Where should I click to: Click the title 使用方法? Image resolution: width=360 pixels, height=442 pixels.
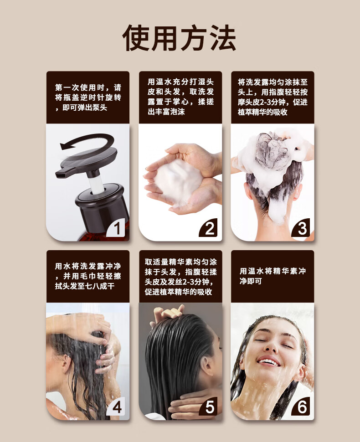coord(179,38)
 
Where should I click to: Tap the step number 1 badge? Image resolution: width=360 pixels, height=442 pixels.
coord(116,228)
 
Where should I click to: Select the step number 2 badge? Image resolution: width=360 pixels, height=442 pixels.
coord(209,228)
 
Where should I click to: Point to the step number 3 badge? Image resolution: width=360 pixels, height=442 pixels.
coord(301,228)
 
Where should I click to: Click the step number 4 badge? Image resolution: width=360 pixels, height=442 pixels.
coord(116,406)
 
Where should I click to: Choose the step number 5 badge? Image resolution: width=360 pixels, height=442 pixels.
coord(209,406)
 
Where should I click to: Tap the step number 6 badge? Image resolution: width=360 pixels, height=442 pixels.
coord(301,406)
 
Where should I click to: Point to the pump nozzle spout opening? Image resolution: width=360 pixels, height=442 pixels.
coord(60,175)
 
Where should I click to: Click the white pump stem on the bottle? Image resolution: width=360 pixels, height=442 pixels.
coord(96,184)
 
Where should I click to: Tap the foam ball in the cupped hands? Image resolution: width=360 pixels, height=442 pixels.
coord(178,180)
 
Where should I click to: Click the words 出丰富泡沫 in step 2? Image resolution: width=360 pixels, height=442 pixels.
coord(166,112)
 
